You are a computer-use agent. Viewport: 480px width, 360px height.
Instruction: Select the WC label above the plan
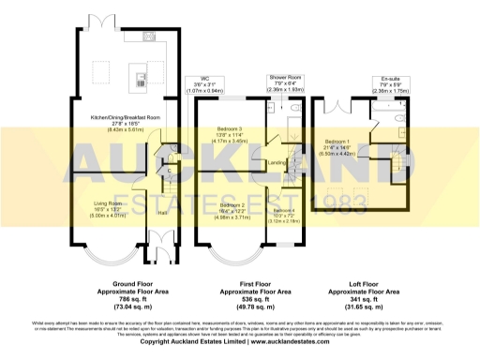194,80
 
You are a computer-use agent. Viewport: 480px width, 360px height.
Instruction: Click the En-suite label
384,80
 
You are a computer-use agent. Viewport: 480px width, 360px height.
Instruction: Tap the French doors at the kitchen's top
90,21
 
